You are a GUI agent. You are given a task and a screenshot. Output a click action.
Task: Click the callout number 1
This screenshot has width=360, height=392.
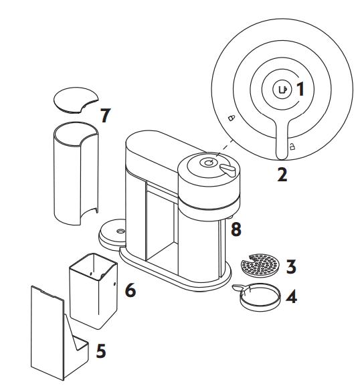(300, 89)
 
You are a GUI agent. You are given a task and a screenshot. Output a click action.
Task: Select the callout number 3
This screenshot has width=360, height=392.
(291, 266)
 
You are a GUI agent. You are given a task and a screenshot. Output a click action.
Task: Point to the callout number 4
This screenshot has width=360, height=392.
(291, 296)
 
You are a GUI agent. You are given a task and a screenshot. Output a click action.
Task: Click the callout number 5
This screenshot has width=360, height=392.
(101, 351)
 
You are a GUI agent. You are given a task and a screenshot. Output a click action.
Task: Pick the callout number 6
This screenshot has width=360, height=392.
(130, 290)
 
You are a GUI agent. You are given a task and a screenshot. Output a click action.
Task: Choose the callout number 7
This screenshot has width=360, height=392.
(105, 115)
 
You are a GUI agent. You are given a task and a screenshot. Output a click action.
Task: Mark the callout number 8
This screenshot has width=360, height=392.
(236, 229)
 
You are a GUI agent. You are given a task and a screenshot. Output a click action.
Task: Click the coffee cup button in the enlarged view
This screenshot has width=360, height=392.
(282, 89)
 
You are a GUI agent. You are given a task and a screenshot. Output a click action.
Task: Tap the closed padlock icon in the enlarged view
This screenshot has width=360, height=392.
(232, 118)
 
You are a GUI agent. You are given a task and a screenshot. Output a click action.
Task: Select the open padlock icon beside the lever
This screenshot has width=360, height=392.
(292, 146)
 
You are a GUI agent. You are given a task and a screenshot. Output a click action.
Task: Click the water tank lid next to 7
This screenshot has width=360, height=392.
(76, 100)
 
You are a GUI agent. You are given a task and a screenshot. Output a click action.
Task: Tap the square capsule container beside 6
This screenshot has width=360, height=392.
(93, 291)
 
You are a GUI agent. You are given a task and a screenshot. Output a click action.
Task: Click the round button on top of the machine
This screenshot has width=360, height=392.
(207, 163)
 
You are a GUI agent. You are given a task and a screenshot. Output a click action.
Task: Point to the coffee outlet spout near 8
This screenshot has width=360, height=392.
(230, 217)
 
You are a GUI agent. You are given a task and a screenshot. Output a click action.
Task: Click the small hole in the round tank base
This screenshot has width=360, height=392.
(120, 231)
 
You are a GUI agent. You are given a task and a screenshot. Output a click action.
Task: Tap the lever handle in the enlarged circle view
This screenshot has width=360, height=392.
(282, 138)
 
